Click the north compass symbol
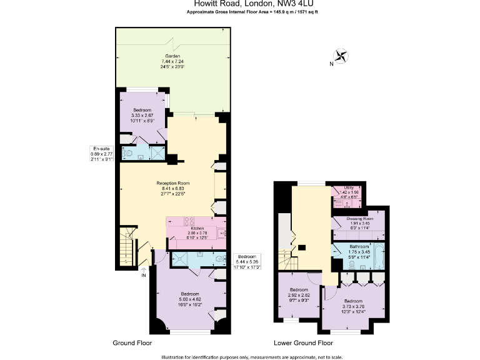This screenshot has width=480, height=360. pyautogui.click(x=341, y=57)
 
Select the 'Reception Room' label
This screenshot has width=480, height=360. pyautogui.click(x=172, y=182)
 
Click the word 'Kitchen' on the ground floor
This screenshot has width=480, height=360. pyautogui.click(x=197, y=229)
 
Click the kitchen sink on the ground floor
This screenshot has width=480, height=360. pyautogui.click(x=221, y=233)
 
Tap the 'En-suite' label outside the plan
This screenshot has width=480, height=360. pyautogui.click(x=100, y=149)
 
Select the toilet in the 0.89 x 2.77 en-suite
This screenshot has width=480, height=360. pyautogui.click(x=127, y=152)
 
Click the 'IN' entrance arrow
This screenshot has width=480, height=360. pyautogui.click(x=144, y=271)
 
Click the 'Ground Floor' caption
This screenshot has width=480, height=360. pyautogui.click(x=132, y=343)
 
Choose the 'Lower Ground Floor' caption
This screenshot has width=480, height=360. pyautogui.click(x=302, y=343)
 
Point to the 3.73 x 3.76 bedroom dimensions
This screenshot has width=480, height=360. pyautogui.click(x=353, y=306)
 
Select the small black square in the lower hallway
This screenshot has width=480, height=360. pyautogui.click(x=302, y=247)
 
